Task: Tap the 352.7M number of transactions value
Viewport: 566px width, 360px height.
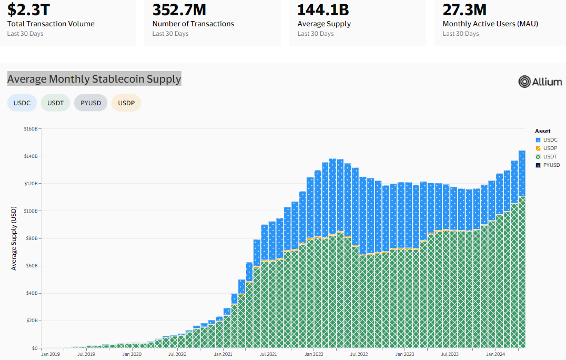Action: click(179, 9)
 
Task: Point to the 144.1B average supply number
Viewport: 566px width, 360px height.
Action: click(323, 9)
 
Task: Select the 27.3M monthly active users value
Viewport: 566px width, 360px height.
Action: click(464, 9)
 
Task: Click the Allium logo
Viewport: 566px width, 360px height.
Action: click(540, 82)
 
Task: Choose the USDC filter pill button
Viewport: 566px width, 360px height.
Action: click(22, 103)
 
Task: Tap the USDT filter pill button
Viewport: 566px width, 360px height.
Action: click(55, 103)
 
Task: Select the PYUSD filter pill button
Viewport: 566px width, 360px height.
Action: click(90, 103)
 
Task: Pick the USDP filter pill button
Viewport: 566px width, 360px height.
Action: click(126, 103)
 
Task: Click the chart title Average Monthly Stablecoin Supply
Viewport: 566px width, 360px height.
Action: click(94, 79)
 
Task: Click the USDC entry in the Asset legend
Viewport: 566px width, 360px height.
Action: click(547, 139)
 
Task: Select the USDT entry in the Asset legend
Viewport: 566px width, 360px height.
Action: click(547, 156)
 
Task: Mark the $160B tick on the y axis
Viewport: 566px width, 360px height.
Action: click(30, 129)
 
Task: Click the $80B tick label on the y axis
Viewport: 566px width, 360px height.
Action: click(31, 238)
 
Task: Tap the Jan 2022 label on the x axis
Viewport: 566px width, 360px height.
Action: click(314, 354)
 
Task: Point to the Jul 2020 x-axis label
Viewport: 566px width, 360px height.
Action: click(177, 354)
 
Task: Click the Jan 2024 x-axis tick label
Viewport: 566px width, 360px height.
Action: click(496, 354)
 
